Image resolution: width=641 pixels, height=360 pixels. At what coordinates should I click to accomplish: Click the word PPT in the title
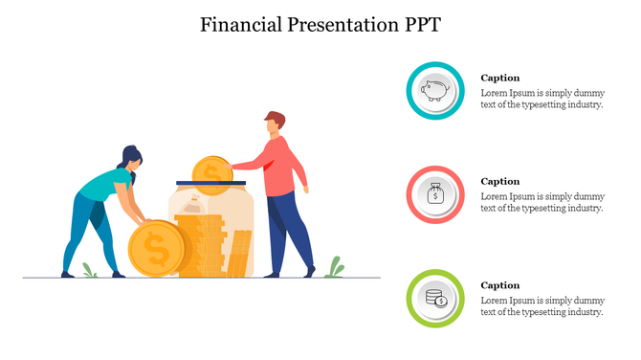[419, 24]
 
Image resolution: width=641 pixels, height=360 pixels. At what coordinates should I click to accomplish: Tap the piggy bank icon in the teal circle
[436, 92]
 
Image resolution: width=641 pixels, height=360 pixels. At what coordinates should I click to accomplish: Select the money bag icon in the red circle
[436, 195]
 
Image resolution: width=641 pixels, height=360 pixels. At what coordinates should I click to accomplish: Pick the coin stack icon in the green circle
[436, 299]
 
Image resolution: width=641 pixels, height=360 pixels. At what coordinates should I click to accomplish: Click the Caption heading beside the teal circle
[499, 78]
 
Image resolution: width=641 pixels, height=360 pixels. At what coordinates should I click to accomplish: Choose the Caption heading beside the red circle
[499, 181]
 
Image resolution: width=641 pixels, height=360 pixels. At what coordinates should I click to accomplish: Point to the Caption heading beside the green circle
[499, 285]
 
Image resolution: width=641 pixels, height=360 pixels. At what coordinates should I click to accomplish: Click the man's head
[275, 124]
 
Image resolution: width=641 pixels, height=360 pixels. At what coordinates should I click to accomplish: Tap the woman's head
[131, 159]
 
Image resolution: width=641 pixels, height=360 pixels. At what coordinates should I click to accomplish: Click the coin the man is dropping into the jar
[210, 170]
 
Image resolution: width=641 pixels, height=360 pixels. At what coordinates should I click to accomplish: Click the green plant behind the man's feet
[334, 268]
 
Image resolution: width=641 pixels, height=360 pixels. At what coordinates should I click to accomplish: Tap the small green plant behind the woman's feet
[89, 271]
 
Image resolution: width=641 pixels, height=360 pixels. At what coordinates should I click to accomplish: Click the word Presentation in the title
[332, 24]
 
